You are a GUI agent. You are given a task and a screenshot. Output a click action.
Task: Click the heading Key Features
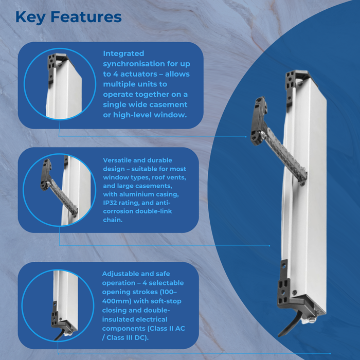coord(68,16)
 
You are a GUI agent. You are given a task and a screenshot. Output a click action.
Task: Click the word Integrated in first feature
coord(124,53)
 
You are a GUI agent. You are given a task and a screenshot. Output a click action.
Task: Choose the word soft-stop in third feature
coord(165,301)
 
